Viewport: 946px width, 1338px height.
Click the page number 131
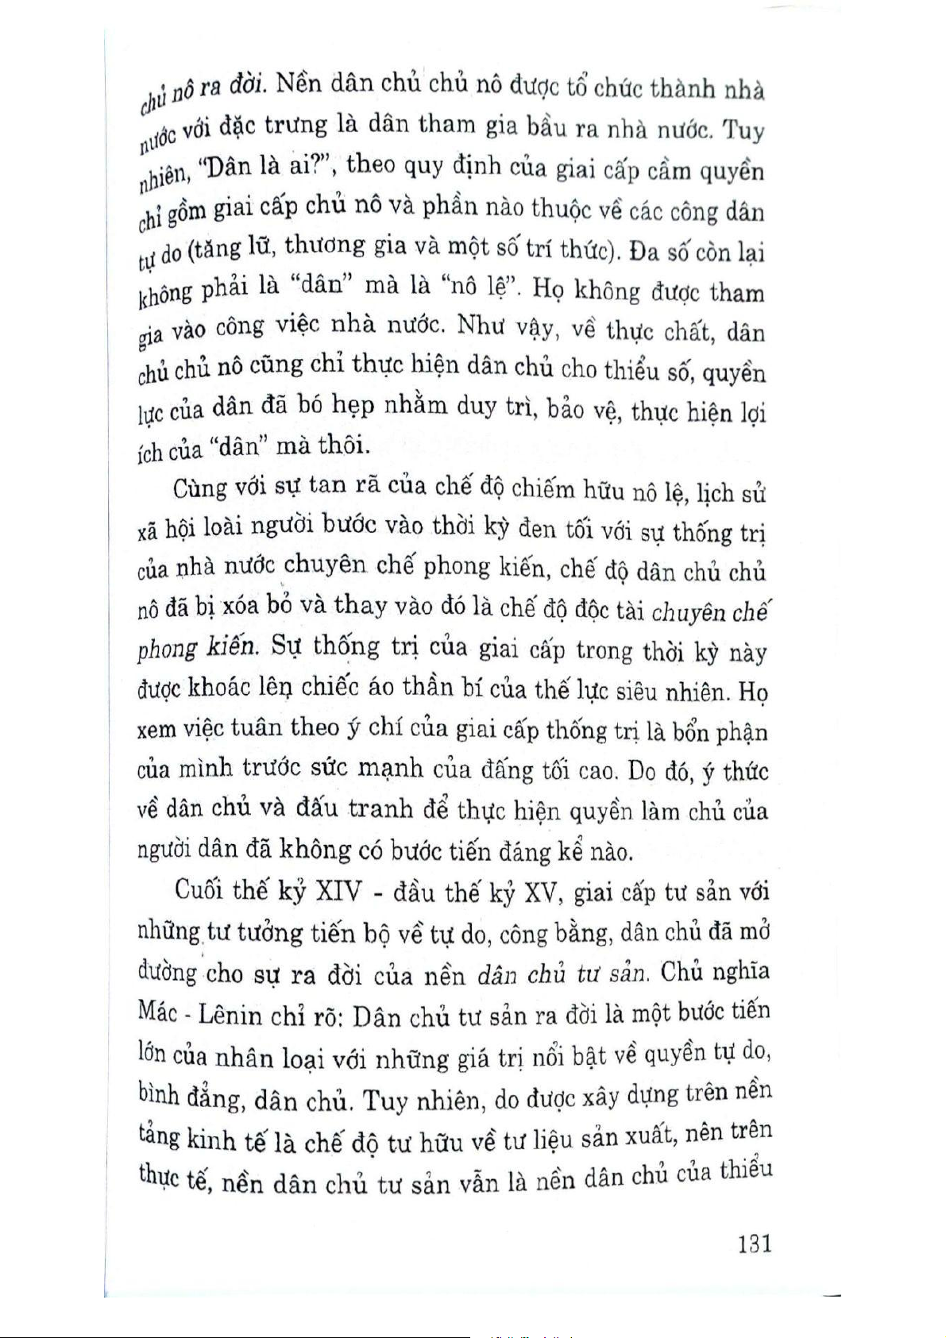(x=754, y=1243)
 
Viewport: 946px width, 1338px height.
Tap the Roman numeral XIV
(x=338, y=893)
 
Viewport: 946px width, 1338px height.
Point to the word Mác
(x=157, y=1011)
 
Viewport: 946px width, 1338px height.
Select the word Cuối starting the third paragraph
(x=199, y=890)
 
